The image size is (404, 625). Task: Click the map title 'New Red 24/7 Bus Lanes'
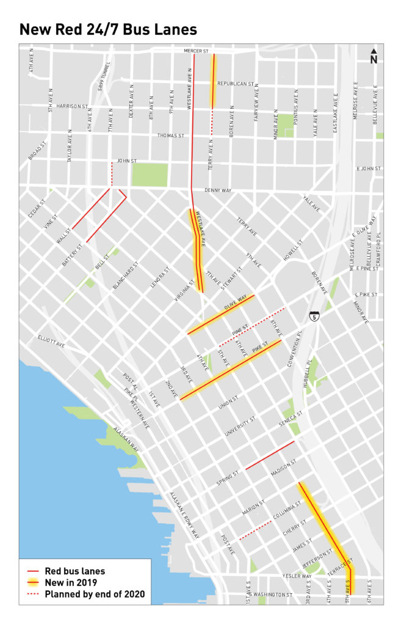pos(108,29)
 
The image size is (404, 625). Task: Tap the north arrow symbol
pos(373,56)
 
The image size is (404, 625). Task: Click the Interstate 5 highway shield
pos(313,317)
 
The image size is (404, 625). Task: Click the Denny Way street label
pos(218,190)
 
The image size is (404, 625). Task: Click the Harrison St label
pos(71,106)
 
